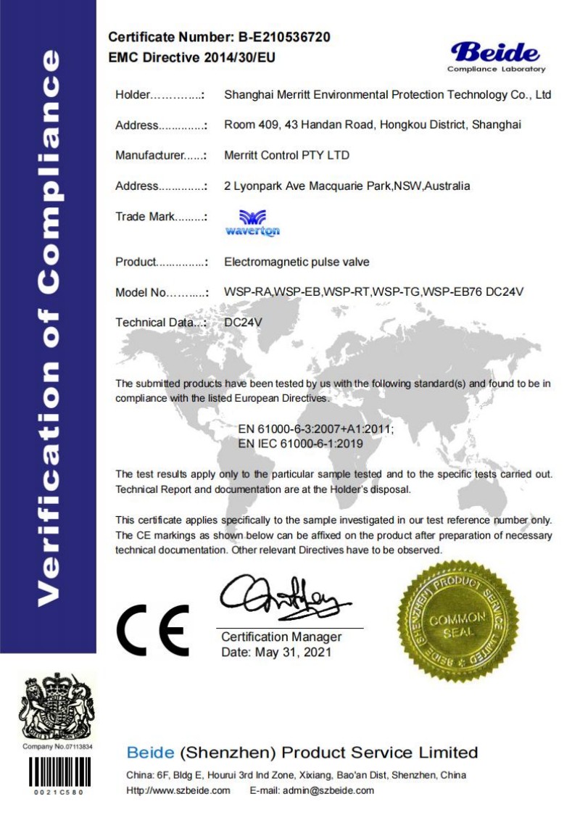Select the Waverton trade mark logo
252,223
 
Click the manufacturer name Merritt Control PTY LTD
287,155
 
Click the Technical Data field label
160,323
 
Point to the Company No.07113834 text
59,746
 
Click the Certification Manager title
281,637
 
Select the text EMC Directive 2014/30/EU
191,57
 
